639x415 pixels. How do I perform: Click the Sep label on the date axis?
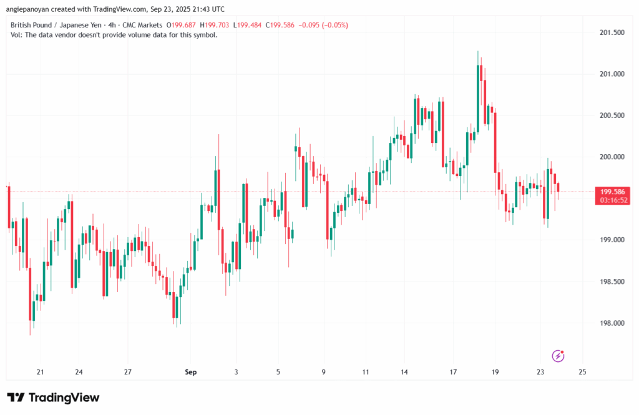[x=191, y=372]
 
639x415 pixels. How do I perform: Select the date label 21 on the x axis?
[x=41, y=372]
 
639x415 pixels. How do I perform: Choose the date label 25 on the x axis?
[x=583, y=372]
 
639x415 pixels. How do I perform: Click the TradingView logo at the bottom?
[x=54, y=398]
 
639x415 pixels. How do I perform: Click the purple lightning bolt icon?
[x=559, y=356]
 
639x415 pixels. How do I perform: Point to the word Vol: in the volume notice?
[x=17, y=35]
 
